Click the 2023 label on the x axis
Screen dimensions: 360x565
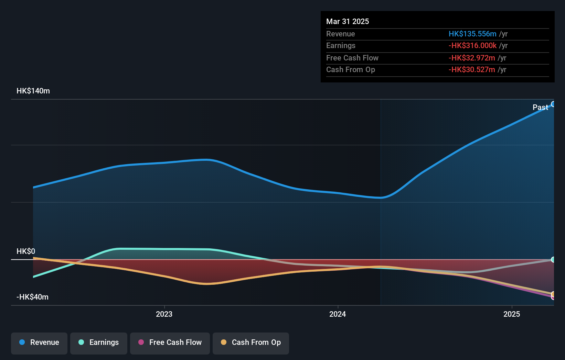(x=164, y=314)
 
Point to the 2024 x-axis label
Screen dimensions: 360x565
(x=338, y=314)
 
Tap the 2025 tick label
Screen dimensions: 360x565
(x=512, y=314)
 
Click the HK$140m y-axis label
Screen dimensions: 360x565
(x=33, y=91)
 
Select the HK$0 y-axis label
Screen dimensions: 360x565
(x=26, y=251)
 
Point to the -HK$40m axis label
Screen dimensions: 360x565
(x=32, y=297)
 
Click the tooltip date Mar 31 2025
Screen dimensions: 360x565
(x=348, y=21)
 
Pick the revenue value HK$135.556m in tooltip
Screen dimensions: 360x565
(x=472, y=34)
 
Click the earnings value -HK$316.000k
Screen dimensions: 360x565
(x=472, y=46)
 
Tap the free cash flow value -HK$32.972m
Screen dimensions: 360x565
(x=472, y=58)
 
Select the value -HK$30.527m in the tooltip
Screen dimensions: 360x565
(x=472, y=70)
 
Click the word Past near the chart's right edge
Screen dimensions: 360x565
(x=540, y=107)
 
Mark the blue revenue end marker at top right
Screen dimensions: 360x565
(x=553, y=104)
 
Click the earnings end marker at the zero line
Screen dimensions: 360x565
(x=553, y=260)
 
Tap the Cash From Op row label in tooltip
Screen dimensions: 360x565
(x=350, y=70)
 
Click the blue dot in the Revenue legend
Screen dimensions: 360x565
(x=22, y=342)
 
